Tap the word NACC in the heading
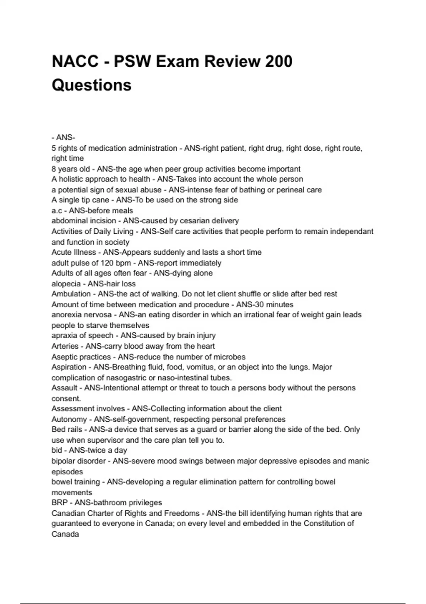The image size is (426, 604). (75, 61)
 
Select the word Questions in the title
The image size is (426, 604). (92, 85)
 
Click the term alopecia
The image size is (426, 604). (66, 284)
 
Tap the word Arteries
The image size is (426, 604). (65, 346)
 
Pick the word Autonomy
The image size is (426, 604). (69, 419)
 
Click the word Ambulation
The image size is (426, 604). (71, 294)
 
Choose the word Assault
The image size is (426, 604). (64, 388)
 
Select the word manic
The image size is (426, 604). (359, 461)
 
